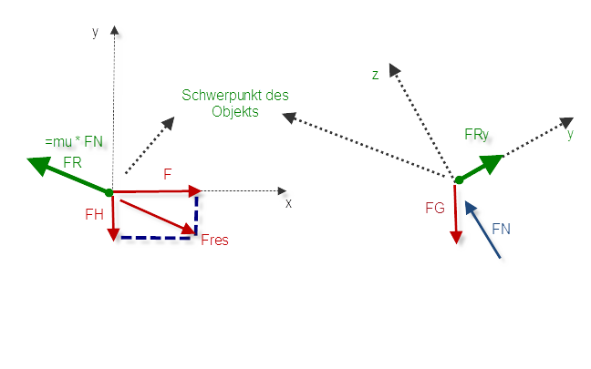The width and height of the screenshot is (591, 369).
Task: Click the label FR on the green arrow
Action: (x=72, y=163)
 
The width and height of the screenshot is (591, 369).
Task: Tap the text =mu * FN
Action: (x=74, y=141)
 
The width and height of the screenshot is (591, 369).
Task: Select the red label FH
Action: (x=94, y=214)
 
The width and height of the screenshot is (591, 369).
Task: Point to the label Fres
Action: (x=214, y=240)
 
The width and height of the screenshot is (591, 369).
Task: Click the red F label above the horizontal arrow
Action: (x=168, y=174)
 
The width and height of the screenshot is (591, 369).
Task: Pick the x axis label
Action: (x=288, y=203)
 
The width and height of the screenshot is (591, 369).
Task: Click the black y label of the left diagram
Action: (x=96, y=33)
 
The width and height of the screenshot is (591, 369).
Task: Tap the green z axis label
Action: (x=375, y=75)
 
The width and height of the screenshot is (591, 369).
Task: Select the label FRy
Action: (x=476, y=135)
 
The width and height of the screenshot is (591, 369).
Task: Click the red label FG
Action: (x=435, y=208)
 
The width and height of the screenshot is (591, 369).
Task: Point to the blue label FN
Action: (x=501, y=229)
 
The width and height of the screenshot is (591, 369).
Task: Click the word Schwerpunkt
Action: (x=222, y=96)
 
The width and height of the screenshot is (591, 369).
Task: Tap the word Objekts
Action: (x=235, y=111)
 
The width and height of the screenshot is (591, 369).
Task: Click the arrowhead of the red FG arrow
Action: (x=456, y=238)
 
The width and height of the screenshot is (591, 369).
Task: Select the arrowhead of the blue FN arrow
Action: (x=471, y=208)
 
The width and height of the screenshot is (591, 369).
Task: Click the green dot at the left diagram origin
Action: (x=109, y=193)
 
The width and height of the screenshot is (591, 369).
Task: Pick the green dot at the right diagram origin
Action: (x=459, y=180)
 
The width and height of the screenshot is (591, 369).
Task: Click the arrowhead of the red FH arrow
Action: (x=113, y=235)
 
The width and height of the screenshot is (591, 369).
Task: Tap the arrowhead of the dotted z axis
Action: (x=394, y=69)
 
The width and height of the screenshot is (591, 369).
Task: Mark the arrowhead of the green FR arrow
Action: (x=39, y=166)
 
